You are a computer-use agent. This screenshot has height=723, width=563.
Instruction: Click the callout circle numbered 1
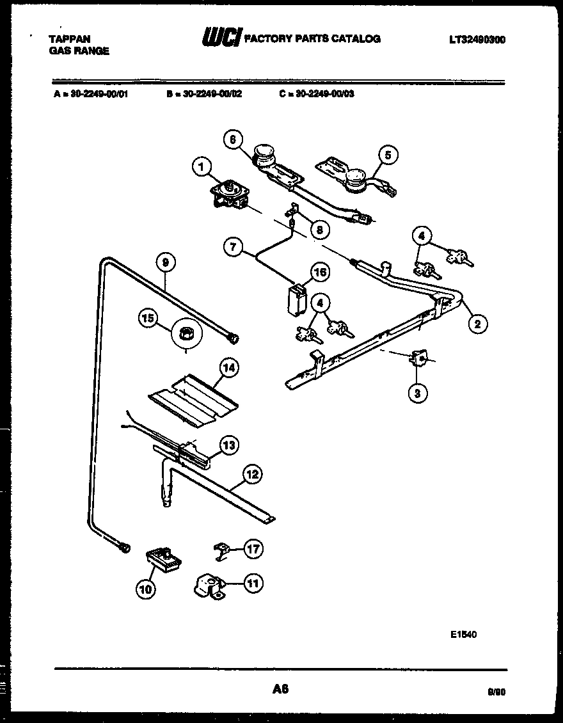(x=201, y=168)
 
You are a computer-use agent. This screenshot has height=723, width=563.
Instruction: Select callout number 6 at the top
(x=234, y=139)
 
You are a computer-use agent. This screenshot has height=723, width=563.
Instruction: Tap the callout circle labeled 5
(x=388, y=154)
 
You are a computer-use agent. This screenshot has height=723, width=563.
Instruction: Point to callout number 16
(x=319, y=272)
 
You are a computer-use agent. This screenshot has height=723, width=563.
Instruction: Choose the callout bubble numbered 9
(x=165, y=262)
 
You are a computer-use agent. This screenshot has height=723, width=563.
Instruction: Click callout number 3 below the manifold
(x=417, y=393)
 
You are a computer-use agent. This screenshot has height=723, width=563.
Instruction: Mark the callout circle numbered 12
(x=253, y=474)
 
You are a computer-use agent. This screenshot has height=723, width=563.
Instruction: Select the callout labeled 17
(x=253, y=549)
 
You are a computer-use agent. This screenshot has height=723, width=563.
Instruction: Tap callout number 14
(x=228, y=368)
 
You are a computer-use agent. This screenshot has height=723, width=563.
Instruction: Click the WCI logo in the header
(x=221, y=39)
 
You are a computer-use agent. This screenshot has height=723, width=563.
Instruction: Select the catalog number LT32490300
(x=477, y=40)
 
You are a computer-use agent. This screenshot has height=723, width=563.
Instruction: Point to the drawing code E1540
(x=463, y=634)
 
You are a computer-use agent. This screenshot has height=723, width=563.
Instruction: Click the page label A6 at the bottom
(x=280, y=689)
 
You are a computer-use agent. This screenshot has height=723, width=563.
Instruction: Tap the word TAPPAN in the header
(x=69, y=39)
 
